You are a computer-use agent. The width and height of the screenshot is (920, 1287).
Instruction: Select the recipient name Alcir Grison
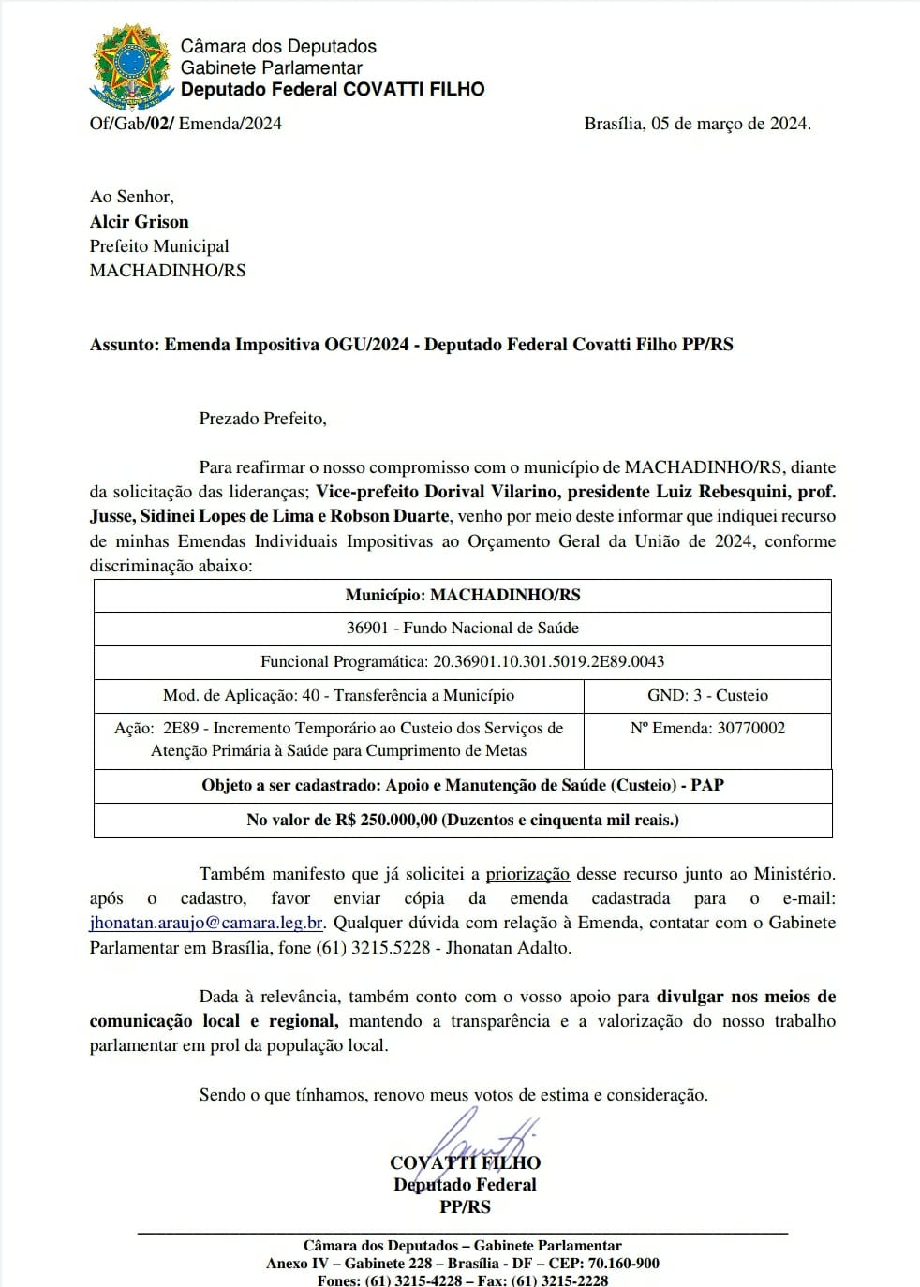(140, 222)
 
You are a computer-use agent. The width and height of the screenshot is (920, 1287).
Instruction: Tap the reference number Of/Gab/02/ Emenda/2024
(185, 124)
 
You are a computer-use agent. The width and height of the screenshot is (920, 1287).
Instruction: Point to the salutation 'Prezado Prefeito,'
(262, 419)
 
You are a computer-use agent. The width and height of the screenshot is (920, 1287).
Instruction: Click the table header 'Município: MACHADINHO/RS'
(463, 596)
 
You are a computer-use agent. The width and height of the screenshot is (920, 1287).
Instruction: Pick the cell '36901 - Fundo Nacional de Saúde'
(463, 629)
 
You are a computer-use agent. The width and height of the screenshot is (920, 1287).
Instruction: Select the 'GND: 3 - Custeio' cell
(707, 696)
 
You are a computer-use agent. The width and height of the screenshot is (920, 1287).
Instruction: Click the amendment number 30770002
(751, 729)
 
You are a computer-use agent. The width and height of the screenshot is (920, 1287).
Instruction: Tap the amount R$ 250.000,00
(386, 821)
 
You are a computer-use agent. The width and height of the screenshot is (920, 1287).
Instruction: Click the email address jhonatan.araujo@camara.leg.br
(207, 923)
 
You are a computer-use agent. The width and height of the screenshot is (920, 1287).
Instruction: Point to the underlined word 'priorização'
(527, 875)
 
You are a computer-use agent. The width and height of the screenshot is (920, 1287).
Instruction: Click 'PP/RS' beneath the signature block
(466, 1207)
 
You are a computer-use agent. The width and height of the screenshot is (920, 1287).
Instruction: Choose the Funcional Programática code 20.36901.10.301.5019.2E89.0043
(548, 662)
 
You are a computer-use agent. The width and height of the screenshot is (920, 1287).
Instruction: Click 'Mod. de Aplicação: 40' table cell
(338, 696)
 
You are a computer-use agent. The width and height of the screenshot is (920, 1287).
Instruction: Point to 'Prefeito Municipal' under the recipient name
(159, 246)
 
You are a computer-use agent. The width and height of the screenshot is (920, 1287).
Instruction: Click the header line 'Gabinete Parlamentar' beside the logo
(271, 68)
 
